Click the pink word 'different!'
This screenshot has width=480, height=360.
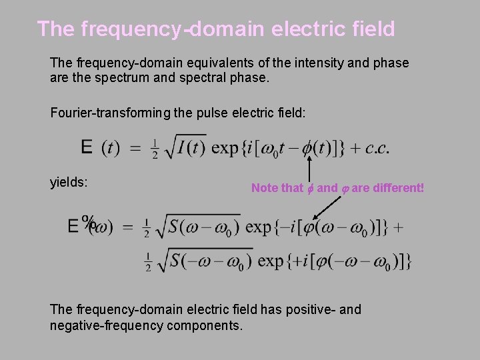tap(393, 188)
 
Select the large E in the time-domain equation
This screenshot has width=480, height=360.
tap(87, 147)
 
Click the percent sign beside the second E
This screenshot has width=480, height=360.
tap(87, 221)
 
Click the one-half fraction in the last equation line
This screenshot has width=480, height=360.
tap(147, 261)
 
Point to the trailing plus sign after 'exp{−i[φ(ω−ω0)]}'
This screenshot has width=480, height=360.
tap(398, 227)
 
